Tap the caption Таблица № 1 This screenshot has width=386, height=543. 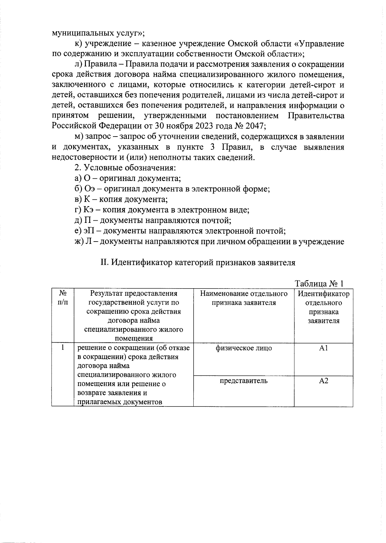pyautogui.click(x=319, y=283)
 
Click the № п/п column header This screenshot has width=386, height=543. pyautogui.click(x=63, y=298)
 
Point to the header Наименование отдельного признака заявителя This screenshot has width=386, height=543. pyautogui.click(x=244, y=298)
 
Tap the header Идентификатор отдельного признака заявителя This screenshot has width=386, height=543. pyautogui.click(x=323, y=307)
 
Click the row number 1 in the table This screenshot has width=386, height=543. pyautogui.click(x=63, y=348)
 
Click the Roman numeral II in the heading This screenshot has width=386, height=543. pyautogui.click(x=104, y=262)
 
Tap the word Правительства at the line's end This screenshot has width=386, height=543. pyautogui.click(x=316, y=115)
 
